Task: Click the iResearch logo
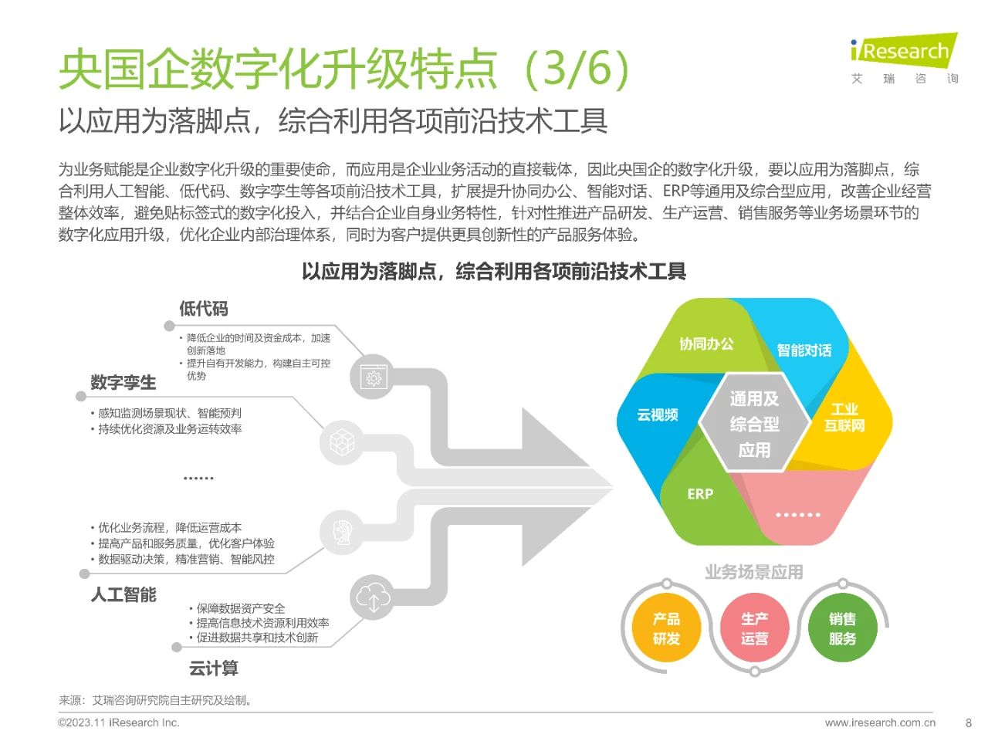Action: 903,59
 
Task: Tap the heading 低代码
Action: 204,309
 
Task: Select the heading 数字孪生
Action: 123,382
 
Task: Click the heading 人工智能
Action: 123,594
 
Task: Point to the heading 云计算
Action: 213,668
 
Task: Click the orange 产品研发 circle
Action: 667,628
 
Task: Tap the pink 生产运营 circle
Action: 754,628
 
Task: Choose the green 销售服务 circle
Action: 843,628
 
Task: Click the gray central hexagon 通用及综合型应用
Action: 754,423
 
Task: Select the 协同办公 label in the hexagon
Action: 706,344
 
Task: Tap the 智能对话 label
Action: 804,350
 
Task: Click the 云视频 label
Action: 657,414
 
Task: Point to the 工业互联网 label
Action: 844,418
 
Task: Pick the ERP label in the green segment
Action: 700,494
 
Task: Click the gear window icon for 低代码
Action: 373,377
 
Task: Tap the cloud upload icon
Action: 373,597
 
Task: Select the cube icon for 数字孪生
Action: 342,442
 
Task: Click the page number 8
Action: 969,722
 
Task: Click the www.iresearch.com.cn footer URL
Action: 880,722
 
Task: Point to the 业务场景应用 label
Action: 754,572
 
